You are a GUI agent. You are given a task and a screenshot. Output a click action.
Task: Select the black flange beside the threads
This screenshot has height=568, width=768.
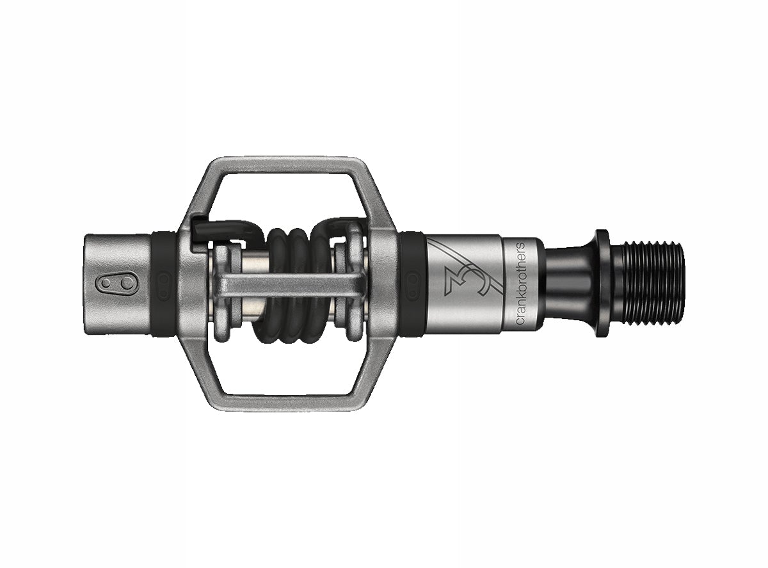click(602, 282)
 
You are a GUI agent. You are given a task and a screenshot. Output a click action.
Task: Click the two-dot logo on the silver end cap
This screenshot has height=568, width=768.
click(108, 284)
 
